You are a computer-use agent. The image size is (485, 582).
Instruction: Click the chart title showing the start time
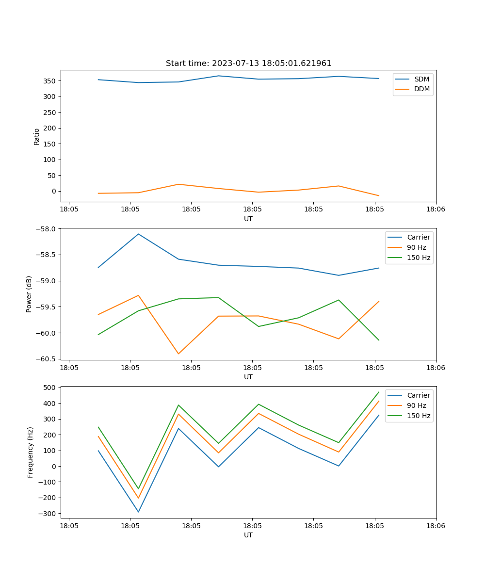pyautogui.click(x=248, y=64)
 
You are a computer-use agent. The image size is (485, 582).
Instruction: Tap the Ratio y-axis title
pyautogui.click(x=37, y=137)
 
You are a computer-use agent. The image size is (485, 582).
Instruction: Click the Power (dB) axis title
pyautogui.click(x=29, y=294)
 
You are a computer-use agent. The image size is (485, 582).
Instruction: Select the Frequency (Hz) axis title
pyautogui.click(x=31, y=452)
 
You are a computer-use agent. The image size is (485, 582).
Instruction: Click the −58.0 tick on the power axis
pyautogui.click(x=47, y=228)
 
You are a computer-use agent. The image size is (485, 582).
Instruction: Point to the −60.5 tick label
pyautogui.click(x=47, y=359)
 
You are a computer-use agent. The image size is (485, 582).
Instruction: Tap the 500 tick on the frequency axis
pyautogui.click(x=50, y=388)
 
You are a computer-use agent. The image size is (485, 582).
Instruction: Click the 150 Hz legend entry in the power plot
pyautogui.click(x=419, y=258)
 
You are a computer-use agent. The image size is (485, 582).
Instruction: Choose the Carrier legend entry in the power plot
pyautogui.click(x=418, y=237)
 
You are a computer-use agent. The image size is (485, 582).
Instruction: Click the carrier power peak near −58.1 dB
pyautogui.click(x=138, y=234)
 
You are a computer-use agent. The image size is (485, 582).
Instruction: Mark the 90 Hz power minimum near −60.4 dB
pyautogui.click(x=178, y=354)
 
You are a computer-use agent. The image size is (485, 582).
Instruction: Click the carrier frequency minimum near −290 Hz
pyautogui.click(x=138, y=512)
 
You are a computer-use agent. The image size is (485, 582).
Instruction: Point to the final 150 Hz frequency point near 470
pyautogui.click(x=379, y=392)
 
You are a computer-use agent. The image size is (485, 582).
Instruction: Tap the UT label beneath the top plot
pyautogui.click(x=248, y=219)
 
